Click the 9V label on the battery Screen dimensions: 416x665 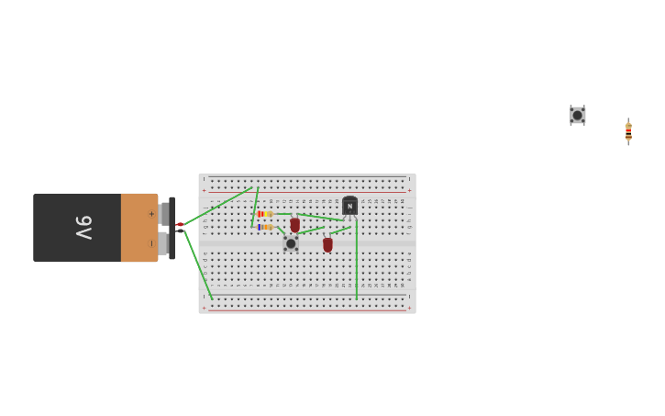pyautogui.click(x=83, y=227)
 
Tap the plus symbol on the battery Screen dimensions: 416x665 pyautogui.click(x=151, y=214)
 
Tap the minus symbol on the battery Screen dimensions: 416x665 pyautogui.click(x=151, y=243)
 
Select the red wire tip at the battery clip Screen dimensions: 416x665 pyautogui.click(x=181, y=224)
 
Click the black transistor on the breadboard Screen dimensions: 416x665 pyautogui.click(x=349, y=207)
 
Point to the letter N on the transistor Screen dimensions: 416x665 pyautogui.click(x=349, y=207)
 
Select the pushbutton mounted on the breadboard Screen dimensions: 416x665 pyautogui.click(x=291, y=243)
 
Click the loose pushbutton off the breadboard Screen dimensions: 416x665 pyautogui.click(x=578, y=115)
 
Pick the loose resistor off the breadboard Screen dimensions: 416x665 pyautogui.click(x=628, y=131)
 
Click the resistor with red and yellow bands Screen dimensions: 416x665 pyautogui.click(x=265, y=214)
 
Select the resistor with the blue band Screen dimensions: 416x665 pyautogui.click(x=265, y=227)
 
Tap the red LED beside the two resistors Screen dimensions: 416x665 pyautogui.click(x=295, y=225)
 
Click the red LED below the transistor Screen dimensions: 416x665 pyautogui.click(x=327, y=244)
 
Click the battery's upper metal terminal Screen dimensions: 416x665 pyautogui.click(x=164, y=214)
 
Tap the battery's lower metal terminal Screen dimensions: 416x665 pyautogui.click(x=164, y=243)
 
